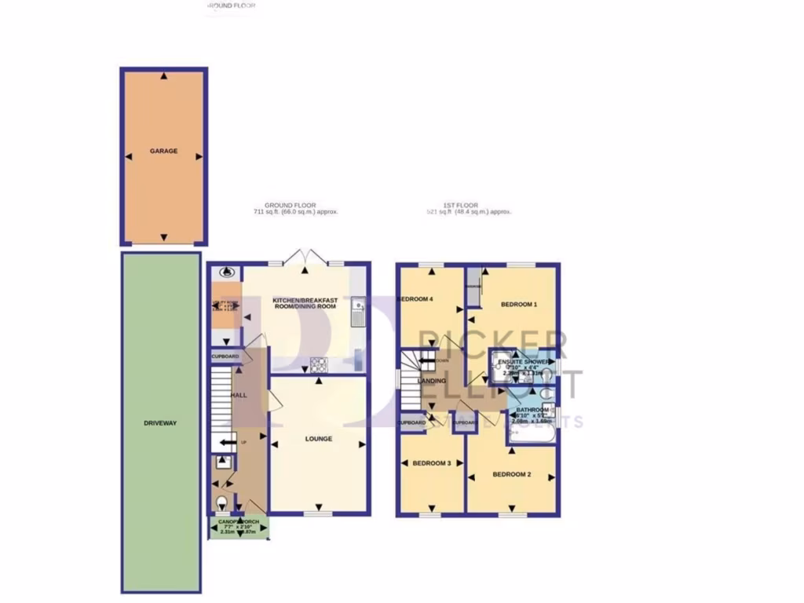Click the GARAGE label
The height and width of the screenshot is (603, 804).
pyautogui.click(x=163, y=152)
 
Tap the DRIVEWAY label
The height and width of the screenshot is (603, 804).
pyautogui.click(x=160, y=423)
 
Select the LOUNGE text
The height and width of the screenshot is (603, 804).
pyautogui.click(x=318, y=439)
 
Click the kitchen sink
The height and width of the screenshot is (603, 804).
pyautogui.click(x=357, y=312)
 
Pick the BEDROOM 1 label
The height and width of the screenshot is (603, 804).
pyautogui.click(x=519, y=304)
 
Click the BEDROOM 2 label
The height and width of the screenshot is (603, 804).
pyautogui.click(x=512, y=474)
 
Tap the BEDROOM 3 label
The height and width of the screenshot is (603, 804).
pyautogui.click(x=432, y=463)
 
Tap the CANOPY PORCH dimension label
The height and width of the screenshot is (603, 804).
pyautogui.click(x=239, y=526)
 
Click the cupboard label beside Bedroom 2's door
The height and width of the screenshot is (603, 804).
pyautogui.click(x=464, y=422)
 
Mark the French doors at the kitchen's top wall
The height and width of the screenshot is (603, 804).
pyautogui.click(x=305, y=258)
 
